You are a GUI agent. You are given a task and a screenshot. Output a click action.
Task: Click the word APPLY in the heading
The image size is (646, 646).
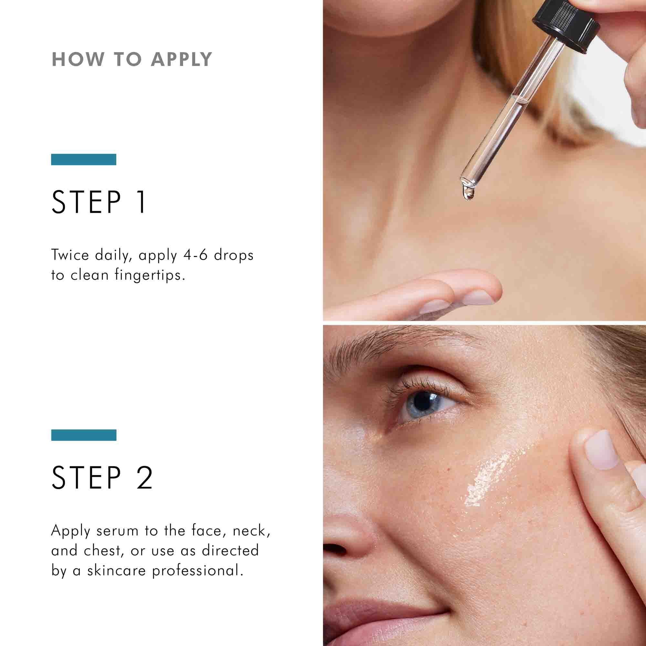click(181, 59)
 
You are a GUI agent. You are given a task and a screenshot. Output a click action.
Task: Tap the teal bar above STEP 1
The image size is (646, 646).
click(84, 160)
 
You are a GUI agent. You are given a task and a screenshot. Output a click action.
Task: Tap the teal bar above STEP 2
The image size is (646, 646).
click(84, 435)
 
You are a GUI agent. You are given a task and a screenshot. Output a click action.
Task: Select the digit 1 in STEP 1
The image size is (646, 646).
click(142, 202)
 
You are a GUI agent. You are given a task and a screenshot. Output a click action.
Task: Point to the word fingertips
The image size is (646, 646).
click(150, 276)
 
